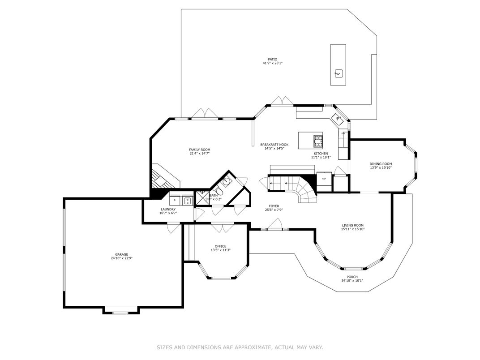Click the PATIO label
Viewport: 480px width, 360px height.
pos(272,59)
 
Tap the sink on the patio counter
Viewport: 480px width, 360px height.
pos(339,73)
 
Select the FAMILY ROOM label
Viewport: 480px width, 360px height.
pos(199,150)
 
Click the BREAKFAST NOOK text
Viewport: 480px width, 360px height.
pos(274,145)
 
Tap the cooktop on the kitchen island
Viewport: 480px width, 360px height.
pos(318,141)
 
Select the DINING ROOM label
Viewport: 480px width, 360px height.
pos(381,164)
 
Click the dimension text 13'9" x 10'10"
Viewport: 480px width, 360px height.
pos(381,168)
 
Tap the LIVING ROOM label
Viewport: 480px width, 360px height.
pos(353,225)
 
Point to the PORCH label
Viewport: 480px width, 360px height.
pos(352,277)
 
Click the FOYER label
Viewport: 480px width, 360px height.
pos(274,206)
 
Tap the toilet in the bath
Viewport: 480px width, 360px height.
pos(220,191)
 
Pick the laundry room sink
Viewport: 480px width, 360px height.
pos(187,200)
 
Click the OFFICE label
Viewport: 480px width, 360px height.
pos(220,246)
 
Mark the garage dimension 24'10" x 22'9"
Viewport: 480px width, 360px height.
pos(119,258)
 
